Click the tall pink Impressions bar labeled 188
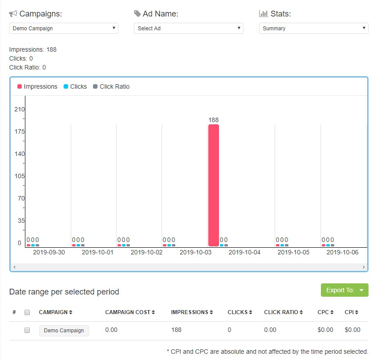click(214, 185)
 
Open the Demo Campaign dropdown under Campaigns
click(64, 29)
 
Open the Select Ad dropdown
click(188, 29)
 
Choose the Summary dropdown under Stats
click(313, 29)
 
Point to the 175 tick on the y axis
click(20, 131)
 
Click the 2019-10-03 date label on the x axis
click(195, 252)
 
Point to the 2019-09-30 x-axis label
click(49, 252)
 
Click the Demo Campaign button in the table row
click(64, 331)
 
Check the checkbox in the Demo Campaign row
click(27, 330)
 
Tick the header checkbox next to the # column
click(27, 312)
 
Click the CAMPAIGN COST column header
click(130, 312)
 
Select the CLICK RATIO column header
click(283, 312)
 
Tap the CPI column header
click(351, 312)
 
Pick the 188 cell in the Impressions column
click(177, 330)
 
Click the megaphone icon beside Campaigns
click(13, 14)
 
